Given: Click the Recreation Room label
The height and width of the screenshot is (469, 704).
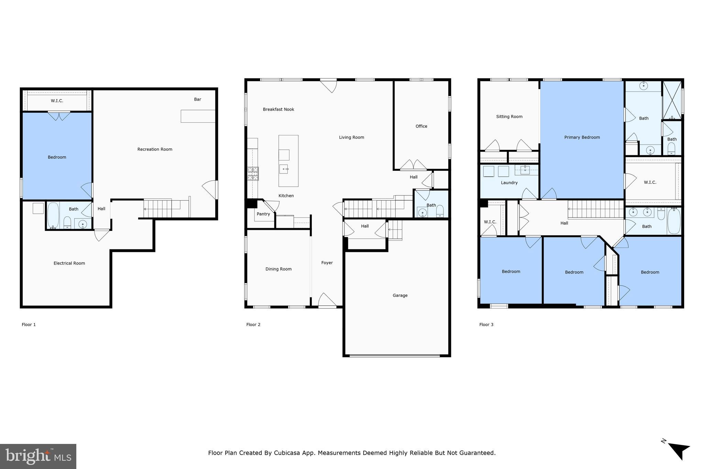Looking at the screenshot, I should [155, 149].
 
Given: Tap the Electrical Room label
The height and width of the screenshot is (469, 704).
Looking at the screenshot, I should [69, 263].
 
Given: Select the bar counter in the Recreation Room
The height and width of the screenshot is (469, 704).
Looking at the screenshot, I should [198, 116].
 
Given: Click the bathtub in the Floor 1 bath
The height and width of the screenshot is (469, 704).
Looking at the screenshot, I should [53, 215].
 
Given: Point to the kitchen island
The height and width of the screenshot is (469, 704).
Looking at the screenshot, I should [288, 161].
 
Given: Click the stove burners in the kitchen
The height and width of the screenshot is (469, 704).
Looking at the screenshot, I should [253, 174].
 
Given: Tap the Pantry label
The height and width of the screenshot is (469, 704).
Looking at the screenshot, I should [263, 214].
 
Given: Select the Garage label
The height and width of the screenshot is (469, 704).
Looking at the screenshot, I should [400, 295].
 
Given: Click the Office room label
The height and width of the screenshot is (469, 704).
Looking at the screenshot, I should [421, 126].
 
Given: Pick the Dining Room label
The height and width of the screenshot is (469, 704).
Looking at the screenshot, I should [278, 269].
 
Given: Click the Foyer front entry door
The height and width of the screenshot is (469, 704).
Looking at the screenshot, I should [327, 301].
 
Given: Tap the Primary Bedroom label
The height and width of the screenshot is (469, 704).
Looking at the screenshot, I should [582, 137].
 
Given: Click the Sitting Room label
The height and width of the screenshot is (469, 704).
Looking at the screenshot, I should [509, 116].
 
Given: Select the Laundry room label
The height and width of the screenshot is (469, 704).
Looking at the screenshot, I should [509, 183].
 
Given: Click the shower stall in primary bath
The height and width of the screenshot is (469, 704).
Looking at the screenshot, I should [672, 100].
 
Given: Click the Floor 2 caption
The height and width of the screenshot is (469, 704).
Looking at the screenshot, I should [253, 324].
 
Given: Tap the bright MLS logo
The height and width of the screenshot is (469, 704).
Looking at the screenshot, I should [38, 456].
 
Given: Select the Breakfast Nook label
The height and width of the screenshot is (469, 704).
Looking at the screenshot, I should [278, 109].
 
